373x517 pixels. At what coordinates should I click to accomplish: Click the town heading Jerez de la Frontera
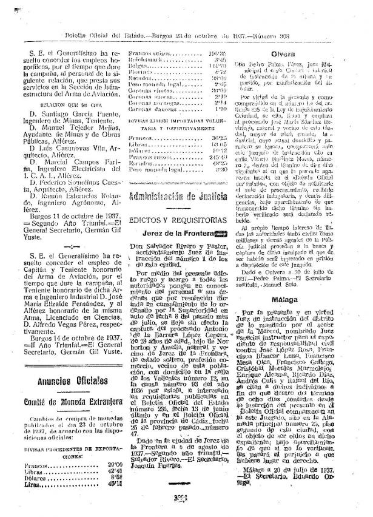[x=176, y=233]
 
